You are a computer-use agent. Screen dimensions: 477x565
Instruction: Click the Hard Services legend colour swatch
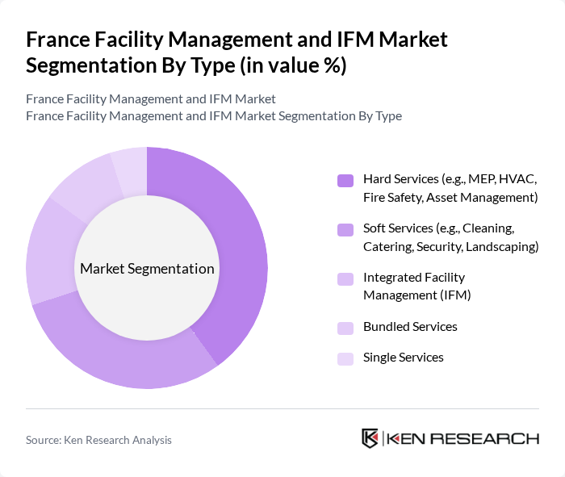click(x=345, y=180)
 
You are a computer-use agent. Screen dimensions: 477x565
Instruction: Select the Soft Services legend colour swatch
click(x=345, y=230)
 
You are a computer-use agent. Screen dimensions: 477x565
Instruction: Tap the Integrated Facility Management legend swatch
click(x=345, y=279)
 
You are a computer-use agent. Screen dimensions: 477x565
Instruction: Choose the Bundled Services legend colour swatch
click(x=345, y=328)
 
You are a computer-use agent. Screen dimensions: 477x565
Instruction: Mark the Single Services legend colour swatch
click(x=345, y=358)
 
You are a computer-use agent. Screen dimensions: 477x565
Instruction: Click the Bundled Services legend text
click(x=410, y=327)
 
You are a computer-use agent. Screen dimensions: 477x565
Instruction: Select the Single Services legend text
click(x=403, y=358)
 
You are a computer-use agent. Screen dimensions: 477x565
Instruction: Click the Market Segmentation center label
click(x=147, y=269)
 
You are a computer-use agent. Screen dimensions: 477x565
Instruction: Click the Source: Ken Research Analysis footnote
click(x=98, y=440)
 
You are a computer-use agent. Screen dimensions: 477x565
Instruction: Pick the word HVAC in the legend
click(x=518, y=178)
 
